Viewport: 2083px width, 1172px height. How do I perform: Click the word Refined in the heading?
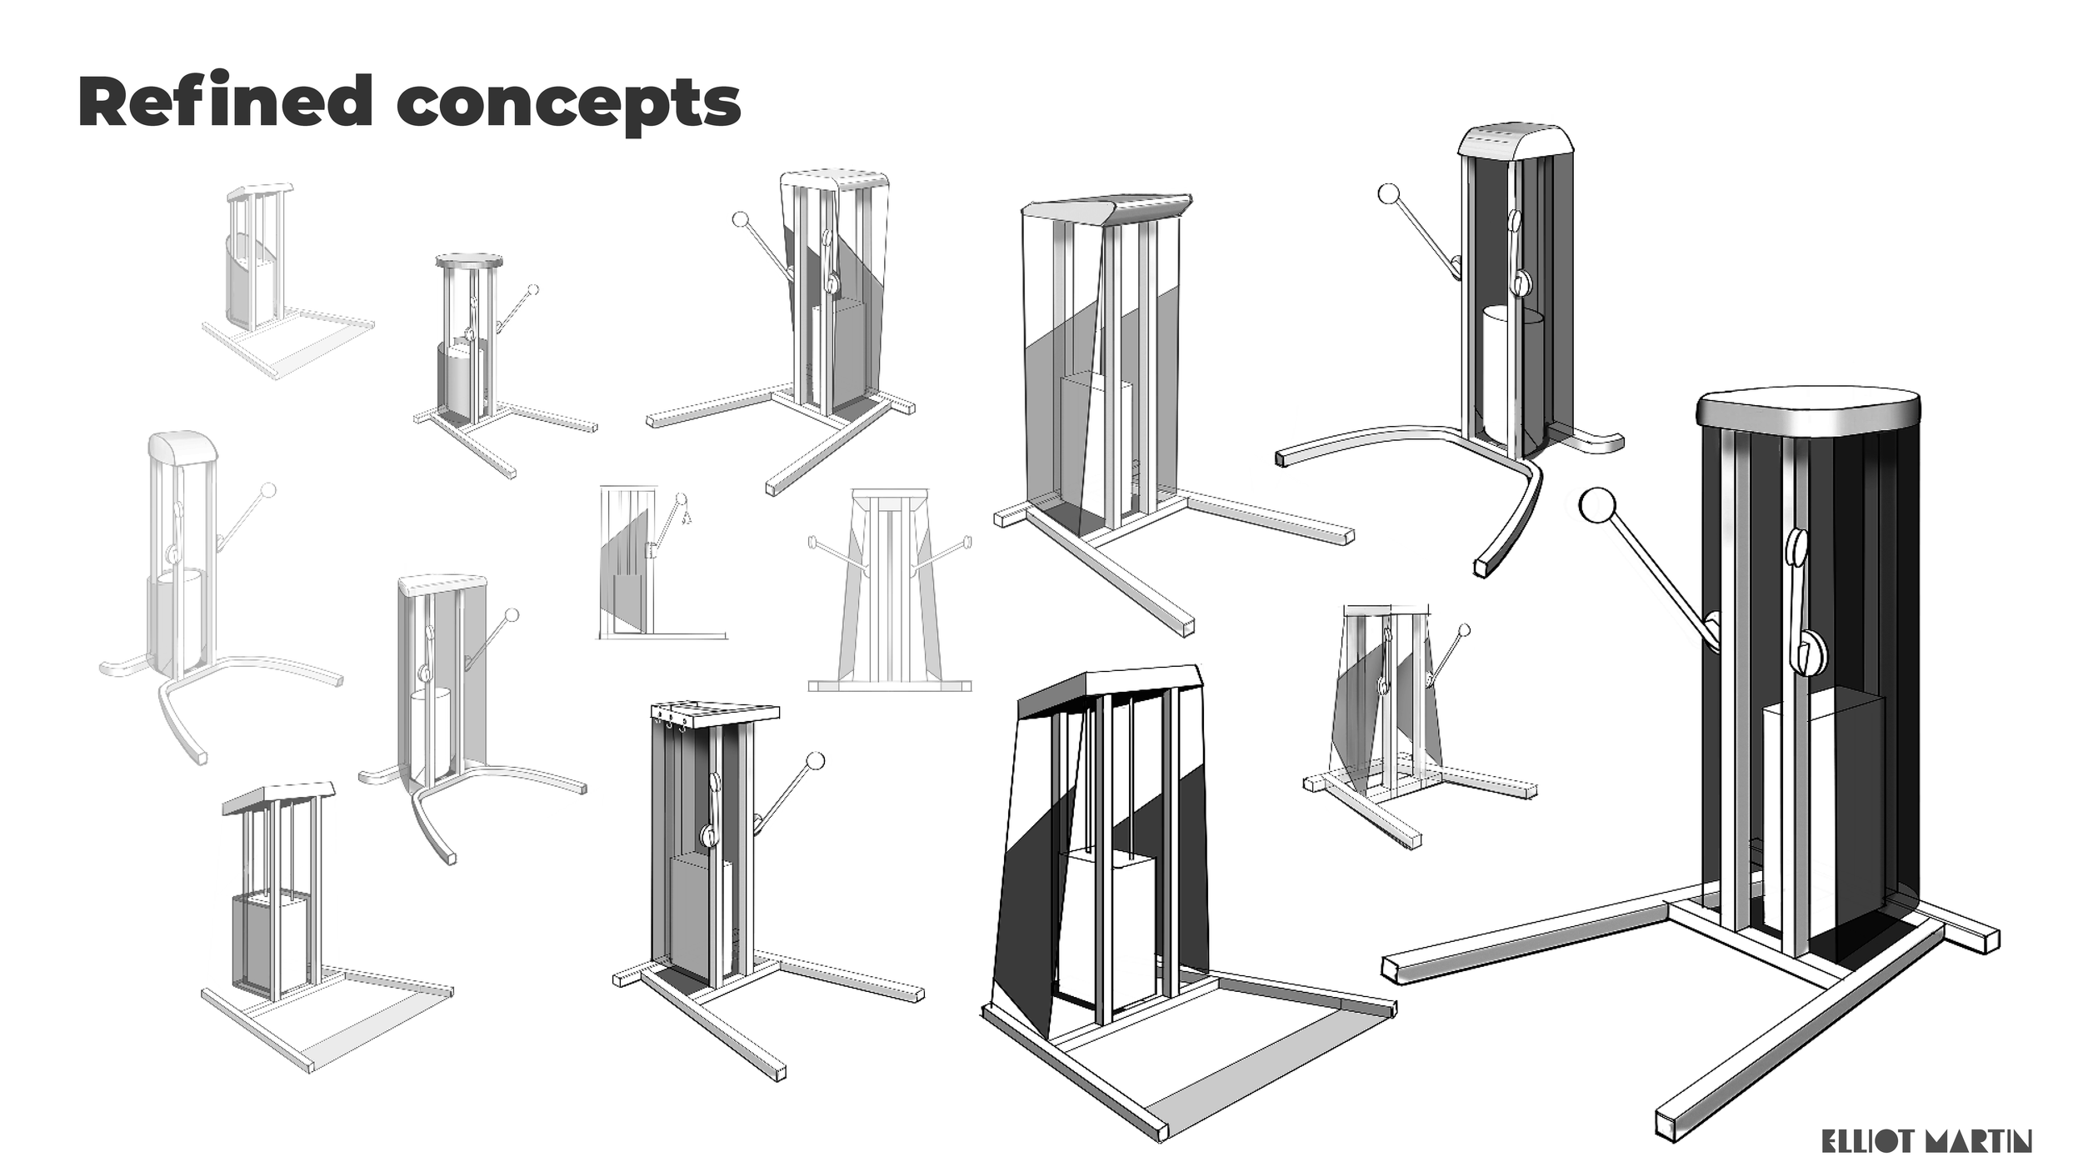click(225, 102)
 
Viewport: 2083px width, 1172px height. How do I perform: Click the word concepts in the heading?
click(568, 104)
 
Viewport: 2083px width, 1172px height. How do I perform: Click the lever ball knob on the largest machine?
click(1596, 506)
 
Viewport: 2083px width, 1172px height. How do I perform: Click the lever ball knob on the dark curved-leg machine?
click(1388, 194)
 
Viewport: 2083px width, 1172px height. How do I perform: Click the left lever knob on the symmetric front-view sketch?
click(812, 543)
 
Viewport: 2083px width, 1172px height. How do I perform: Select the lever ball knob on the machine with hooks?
click(817, 760)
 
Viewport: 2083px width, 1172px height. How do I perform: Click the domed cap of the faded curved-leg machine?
click(183, 448)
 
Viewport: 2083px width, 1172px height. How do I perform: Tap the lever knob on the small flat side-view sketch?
click(682, 499)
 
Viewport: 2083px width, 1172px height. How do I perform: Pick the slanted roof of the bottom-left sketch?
click(279, 797)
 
